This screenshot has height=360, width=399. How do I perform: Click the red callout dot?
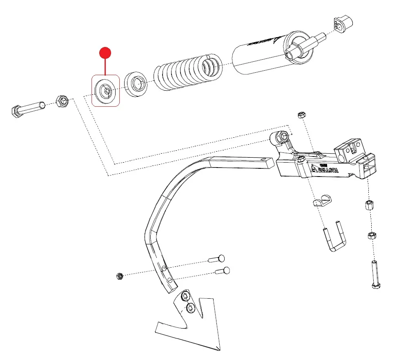coord(105,53)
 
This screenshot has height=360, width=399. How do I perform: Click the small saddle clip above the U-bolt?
coord(323,200)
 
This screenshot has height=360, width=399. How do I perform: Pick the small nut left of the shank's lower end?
coord(120,276)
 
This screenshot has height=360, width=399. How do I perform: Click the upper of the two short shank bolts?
coord(216,258)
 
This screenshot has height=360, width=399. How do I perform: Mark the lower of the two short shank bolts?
coord(222,271)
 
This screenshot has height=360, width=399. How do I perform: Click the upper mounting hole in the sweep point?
coord(185,296)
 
